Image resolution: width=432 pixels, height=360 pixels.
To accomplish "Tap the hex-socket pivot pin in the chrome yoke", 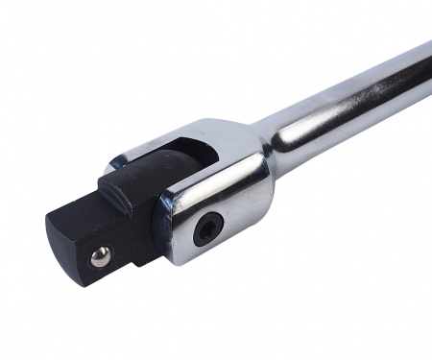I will tap(208, 228).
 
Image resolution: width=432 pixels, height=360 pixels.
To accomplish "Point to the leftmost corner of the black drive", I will tap(46, 219).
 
